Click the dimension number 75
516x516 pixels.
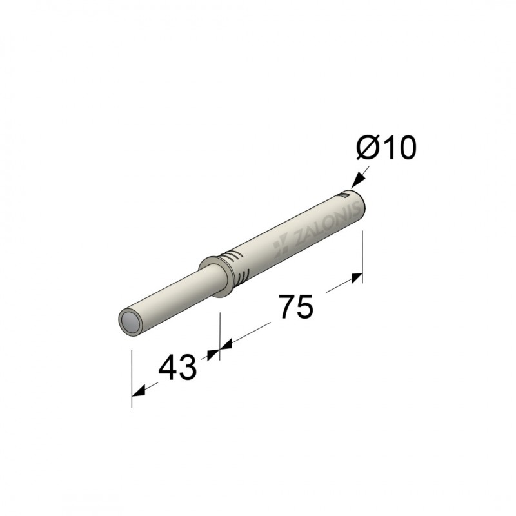[x=296, y=306]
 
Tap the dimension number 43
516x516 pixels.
[x=177, y=367]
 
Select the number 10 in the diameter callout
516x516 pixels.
[x=399, y=148]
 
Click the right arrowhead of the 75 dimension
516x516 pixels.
[x=357, y=278]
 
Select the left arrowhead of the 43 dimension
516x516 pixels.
[x=138, y=390]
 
